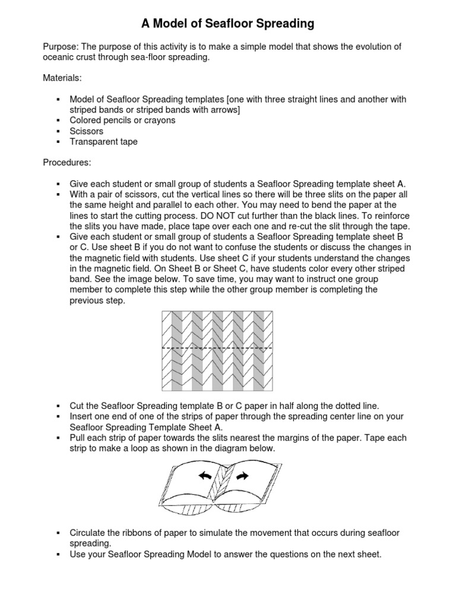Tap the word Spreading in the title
click(x=282, y=24)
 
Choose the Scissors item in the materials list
click(x=86, y=131)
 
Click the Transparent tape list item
click(x=103, y=142)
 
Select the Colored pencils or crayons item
click(x=122, y=120)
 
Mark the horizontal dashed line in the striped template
click(x=217, y=349)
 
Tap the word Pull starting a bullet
click(x=79, y=438)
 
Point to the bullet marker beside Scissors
click(x=58, y=131)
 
